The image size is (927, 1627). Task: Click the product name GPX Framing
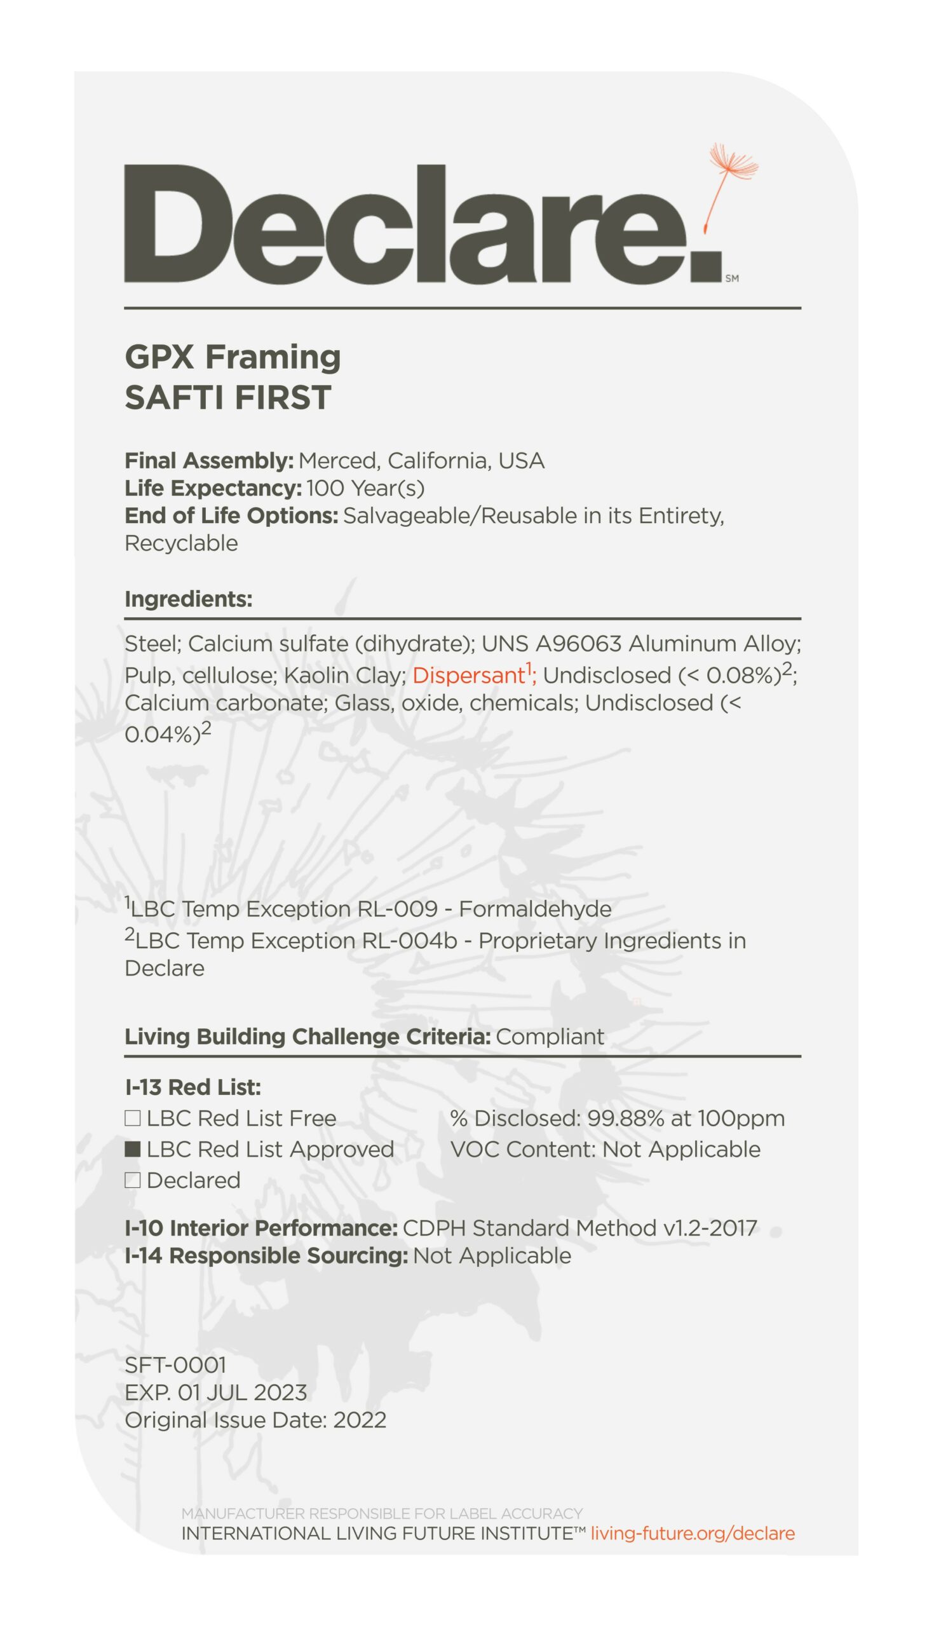(x=233, y=357)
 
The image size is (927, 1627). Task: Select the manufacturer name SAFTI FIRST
(x=228, y=397)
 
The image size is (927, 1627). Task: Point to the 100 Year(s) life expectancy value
(x=365, y=489)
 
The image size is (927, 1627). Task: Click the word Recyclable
(x=182, y=543)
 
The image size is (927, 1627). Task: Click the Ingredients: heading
(x=189, y=599)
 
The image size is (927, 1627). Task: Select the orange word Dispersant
(x=468, y=675)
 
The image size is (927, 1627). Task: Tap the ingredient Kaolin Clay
(x=344, y=675)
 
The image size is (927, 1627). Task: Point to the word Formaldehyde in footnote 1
(x=535, y=909)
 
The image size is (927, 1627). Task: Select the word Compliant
(x=550, y=1037)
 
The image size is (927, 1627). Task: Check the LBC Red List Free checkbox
(x=132, y=1118)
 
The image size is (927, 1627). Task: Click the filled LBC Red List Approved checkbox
(x=132, y=1150)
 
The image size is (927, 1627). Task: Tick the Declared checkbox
(x=132, y=1181)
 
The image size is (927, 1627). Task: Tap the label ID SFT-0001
(x=176, y=1365)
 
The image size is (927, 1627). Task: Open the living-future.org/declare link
(x=693, y=1534)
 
